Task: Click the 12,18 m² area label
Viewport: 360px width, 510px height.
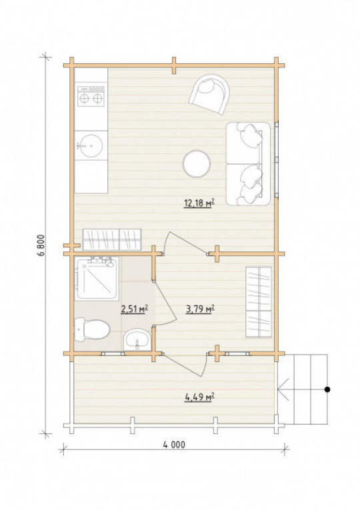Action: (199, 203)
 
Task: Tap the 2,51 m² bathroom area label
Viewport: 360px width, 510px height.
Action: (134, 309)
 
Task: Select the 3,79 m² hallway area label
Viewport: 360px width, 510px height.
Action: (200, 309)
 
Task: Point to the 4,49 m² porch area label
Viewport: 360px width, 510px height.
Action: (200, 397)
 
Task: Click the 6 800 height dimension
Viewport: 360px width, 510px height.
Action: (41, 245)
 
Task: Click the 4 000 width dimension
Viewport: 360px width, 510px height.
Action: (174, 445)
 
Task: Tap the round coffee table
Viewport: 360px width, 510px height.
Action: (197, 163)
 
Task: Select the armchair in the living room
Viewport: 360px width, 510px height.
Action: (209, 94)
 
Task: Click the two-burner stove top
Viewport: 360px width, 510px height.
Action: (91, 96)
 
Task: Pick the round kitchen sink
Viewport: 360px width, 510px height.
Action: (91, 146)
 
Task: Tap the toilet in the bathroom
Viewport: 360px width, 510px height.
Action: (92, 329)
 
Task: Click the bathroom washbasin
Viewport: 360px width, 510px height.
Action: (137, 339)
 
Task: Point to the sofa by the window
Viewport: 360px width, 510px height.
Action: (248, 163)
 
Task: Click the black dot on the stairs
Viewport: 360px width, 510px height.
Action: (327, 389)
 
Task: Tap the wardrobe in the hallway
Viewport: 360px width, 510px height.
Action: (259, 302)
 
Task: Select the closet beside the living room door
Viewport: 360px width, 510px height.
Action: (112, 240)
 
